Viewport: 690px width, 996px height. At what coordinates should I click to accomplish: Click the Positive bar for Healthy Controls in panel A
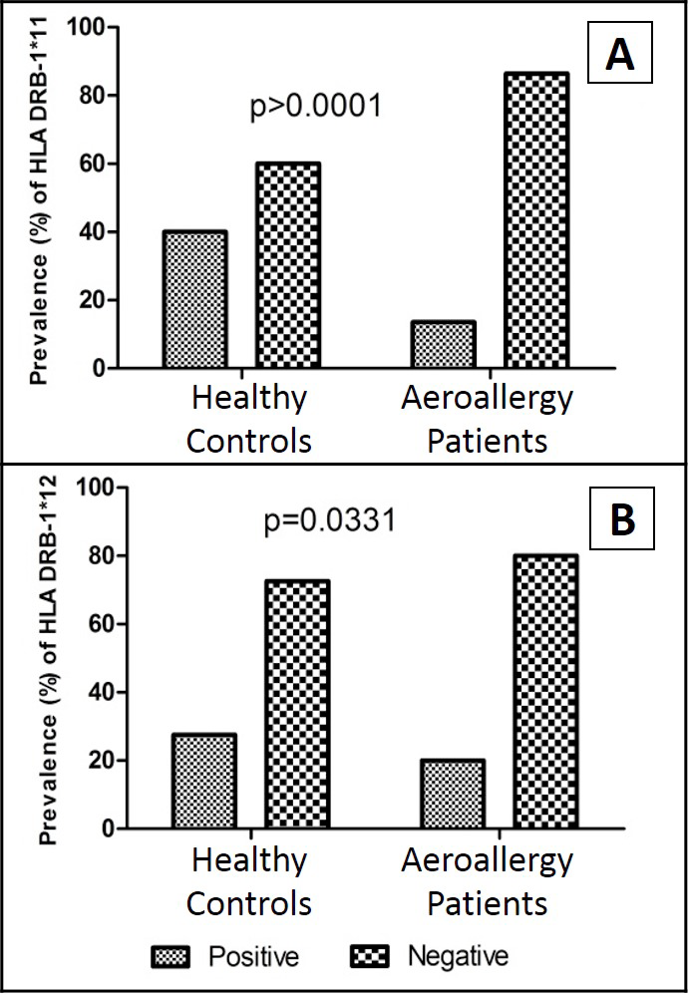[x=194, y=299]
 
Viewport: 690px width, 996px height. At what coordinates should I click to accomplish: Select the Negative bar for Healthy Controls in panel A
[x=288, y=265]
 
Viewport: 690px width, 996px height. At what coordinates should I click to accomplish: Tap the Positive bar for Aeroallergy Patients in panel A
[x=444, y=344]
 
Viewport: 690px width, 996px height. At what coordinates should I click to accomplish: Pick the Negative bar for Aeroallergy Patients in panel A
[x=536, y=219]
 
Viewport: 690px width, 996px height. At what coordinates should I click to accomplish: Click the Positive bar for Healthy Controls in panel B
[x=204, y=781]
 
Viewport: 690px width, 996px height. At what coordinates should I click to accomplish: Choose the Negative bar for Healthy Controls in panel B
[x=297, y=704]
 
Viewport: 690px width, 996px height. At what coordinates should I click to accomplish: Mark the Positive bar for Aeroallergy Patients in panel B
[x=453, y=794]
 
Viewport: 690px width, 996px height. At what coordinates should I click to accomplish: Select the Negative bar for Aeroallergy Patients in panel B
[x=545, y=691]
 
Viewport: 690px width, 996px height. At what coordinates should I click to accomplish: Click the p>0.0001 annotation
[x=316, y=107]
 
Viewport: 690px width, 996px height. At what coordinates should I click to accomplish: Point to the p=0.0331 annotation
[x=330, y=520]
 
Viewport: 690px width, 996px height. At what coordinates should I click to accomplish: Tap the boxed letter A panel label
[x=619, y=52]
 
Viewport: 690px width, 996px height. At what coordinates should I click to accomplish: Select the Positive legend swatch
[x=171, y=957]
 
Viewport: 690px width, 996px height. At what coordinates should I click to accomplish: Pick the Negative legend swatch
[x=369, y=957]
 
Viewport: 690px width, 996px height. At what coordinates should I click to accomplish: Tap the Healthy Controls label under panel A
[x=249, y=419]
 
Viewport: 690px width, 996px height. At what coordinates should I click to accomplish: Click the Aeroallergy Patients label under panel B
[x=488, y=881]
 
